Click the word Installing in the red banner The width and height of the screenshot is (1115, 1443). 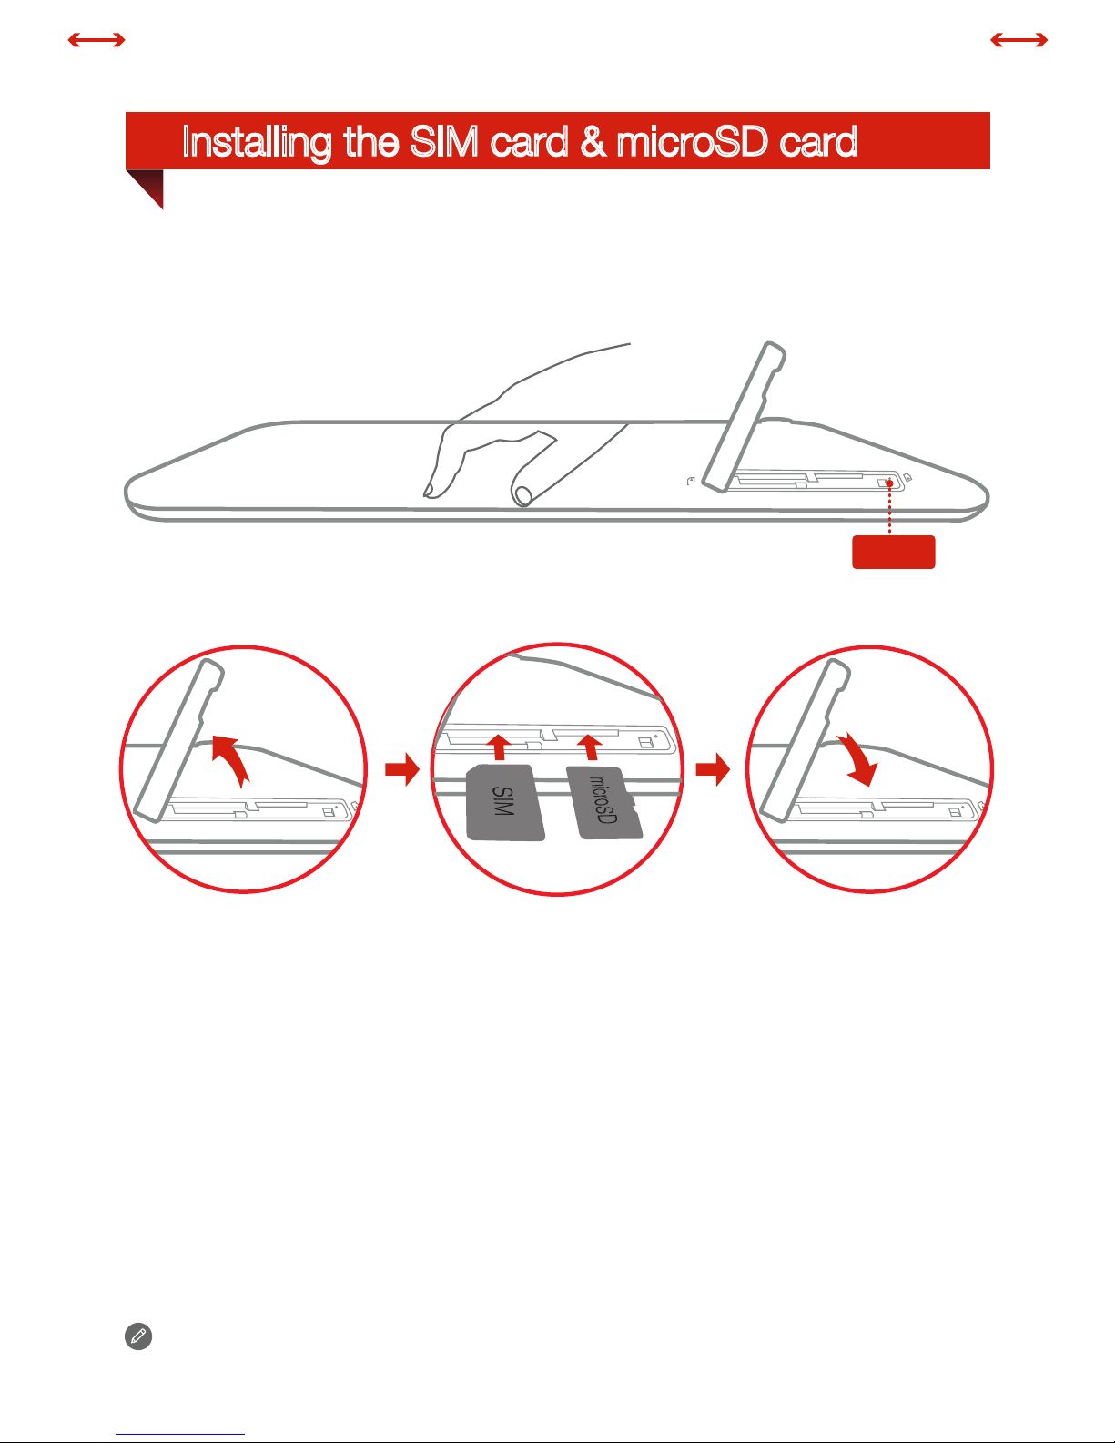(x=256, y=142)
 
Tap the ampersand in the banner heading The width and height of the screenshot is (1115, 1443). (x=593, y=141)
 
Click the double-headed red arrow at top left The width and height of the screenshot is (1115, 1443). (x=96, y=40)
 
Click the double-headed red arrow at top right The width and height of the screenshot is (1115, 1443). (x=1019, y=40)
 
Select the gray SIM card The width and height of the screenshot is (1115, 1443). (x=505, y=802)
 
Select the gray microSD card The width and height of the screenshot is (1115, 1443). (x=604, y=802)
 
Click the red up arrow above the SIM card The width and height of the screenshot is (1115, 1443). (x=499, y=747)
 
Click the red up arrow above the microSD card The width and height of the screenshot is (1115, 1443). (x=590, y=747)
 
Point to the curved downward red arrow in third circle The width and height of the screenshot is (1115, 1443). (x=859, y=757)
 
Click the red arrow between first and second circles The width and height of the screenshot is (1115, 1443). (x=402, y=769)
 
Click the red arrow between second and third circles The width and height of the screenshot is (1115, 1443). (x=713, y=769)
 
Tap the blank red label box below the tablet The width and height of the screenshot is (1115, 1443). (x=893, y=552)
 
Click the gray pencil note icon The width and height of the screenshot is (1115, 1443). (x=138, y=1336)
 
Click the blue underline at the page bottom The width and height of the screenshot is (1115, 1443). (x=180, y=1435)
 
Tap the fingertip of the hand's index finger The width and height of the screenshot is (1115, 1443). (x=428, y=493)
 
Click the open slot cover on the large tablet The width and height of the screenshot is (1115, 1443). (x=744, y=417)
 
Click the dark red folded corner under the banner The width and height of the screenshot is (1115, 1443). (x=148, y=186)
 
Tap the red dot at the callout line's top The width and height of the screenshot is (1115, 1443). (x=889, y=483)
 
